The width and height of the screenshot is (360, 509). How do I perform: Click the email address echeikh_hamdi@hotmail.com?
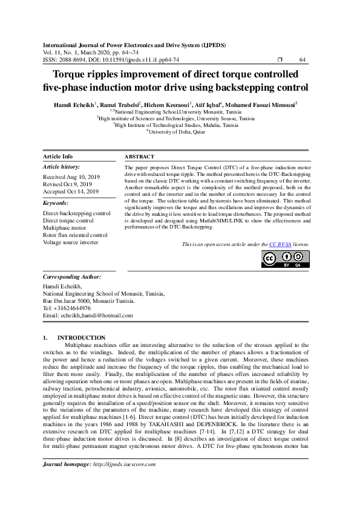(87, 316)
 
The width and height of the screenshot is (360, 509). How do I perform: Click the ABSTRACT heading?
(139, 157)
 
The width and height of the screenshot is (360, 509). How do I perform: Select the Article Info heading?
(57, 157)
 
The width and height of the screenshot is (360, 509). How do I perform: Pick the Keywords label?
(56, 203)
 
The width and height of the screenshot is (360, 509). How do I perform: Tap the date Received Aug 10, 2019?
(71, 177)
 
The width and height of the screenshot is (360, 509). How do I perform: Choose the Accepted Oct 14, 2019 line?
(71, 191)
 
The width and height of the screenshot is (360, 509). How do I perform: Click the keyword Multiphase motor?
(64, 228)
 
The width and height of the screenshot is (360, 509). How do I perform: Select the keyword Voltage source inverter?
(71, 242)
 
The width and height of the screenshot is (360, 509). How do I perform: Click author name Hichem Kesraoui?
(171, 104)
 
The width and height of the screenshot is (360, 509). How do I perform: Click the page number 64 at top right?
(303, 60)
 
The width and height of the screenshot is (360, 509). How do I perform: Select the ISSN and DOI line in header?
(111, 60)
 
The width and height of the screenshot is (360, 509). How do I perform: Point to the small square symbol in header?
(279, 60)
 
